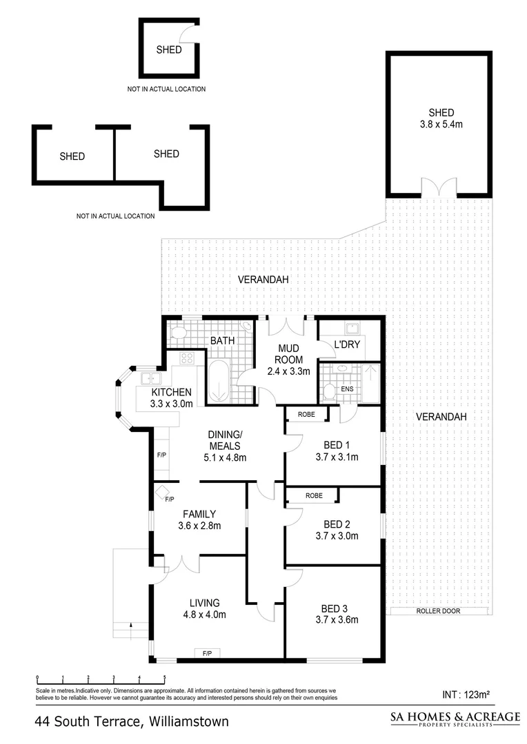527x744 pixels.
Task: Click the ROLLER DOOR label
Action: click(438, 611)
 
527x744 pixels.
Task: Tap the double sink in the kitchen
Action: click(152, 378)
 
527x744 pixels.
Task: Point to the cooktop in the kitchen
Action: click(187, 358)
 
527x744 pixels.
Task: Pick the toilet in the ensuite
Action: click(330, 391)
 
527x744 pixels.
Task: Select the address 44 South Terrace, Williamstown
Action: click(131, 722)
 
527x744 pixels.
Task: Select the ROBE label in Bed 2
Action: click(314, 495)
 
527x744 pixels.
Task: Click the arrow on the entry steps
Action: click(130, 626)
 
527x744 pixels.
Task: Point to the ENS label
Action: click(348, 389)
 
